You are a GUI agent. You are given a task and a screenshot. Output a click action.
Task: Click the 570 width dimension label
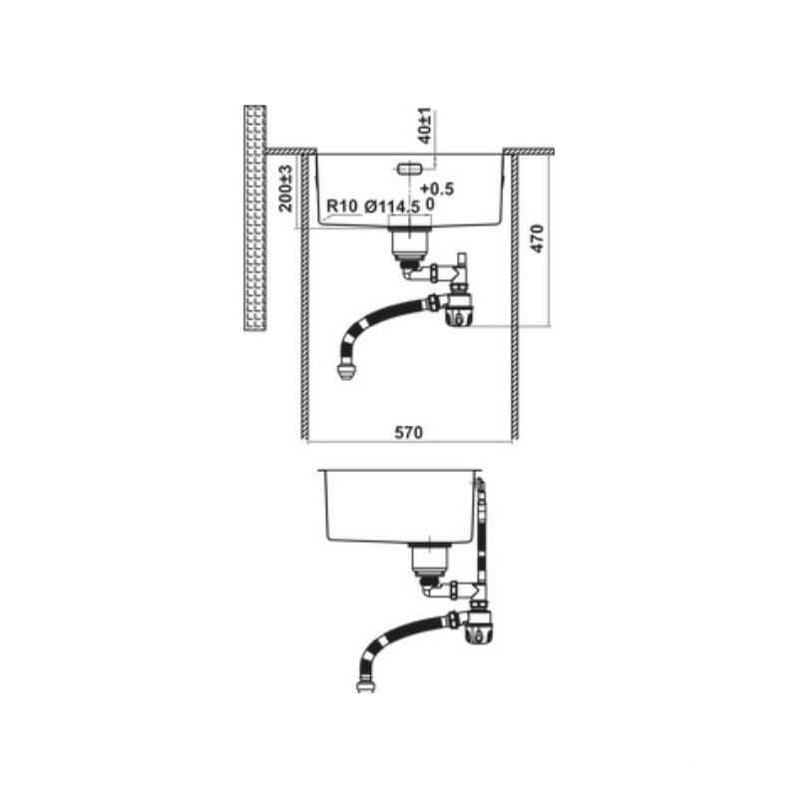pyautogui.click(x=409, y=432)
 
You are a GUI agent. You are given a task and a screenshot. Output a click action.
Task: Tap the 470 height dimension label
pyautogui.click(x=537, y=238)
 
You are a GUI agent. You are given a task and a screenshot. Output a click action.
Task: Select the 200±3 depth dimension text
pyautogui.click(x=286, y=189)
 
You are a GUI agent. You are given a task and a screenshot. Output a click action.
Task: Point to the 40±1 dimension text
pyautogui.click(x=426, y=126)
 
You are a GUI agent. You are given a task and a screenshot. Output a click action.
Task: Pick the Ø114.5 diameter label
pyautogui.click(x=392, y=206)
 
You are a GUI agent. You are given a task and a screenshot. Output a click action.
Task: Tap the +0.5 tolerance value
pyautogui.click(x=437, y=189)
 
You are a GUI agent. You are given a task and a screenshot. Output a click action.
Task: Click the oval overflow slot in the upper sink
pyautogui.click(x=408, y=168)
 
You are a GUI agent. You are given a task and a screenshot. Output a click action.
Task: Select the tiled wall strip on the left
pyautogui.click(x=255, y=218)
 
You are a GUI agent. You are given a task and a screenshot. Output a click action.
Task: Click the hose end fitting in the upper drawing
pyautogui.click(x=346, y=371)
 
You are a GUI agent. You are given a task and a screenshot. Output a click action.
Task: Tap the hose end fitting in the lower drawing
pyautogui.click(x=366, y=684)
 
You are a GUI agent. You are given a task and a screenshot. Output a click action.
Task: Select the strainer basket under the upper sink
pyautogui.click(x=410, y=244)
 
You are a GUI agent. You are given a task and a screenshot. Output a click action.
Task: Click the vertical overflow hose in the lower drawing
pyautogui.click(x=482, y=540)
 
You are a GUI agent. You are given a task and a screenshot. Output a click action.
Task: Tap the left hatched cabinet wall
pyautogui.click(x=305, y=296)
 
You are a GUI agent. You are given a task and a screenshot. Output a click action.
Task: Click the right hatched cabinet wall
pyautogui.click(x=515, y=296)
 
